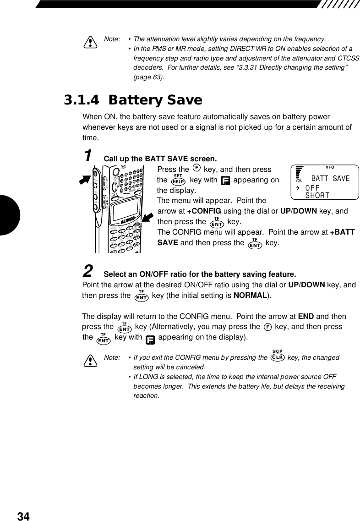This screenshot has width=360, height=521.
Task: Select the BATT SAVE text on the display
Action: click(x=330, y=178)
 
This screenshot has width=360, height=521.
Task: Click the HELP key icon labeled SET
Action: click(x=178, y=180)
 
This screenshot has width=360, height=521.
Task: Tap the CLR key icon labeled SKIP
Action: click(x=278, y=357)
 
